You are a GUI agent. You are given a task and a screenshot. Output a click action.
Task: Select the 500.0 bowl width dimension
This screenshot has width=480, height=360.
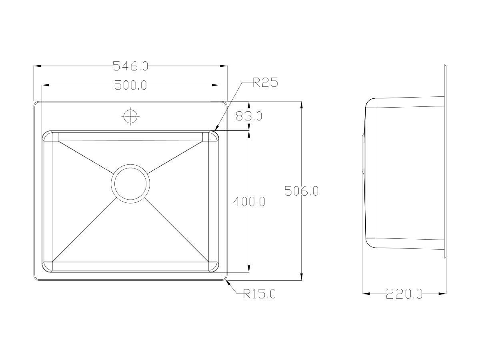click(x=131, y=85)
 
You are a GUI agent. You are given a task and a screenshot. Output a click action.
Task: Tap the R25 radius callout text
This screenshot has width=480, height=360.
click(x=265, y=83)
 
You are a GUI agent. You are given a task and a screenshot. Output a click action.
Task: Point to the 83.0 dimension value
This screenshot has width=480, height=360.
click(x=248, y=116)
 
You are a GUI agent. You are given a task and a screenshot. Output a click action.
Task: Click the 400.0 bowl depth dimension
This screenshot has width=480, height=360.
click(x=249, y=202)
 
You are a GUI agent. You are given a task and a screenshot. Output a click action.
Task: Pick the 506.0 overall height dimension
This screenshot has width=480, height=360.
click(x=301, y=191)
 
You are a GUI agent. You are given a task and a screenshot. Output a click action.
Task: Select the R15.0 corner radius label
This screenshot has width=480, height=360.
click(x=260, y=294)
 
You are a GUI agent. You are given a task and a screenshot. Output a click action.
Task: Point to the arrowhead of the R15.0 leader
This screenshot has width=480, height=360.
click(x=228, y=282)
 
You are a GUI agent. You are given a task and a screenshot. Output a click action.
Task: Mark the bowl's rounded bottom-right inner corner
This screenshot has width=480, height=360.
click(x=215, y=267)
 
